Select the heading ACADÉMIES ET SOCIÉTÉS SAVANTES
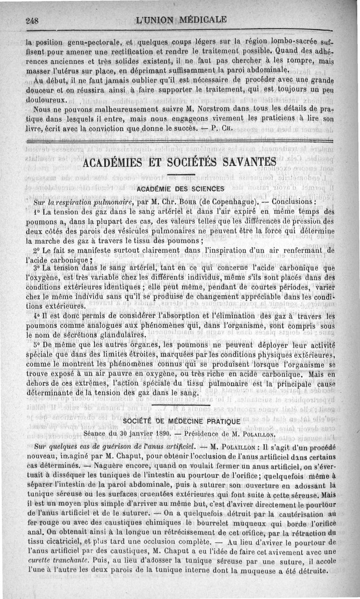(x=180, y=161)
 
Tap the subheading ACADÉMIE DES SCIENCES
(x=180, y=188)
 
